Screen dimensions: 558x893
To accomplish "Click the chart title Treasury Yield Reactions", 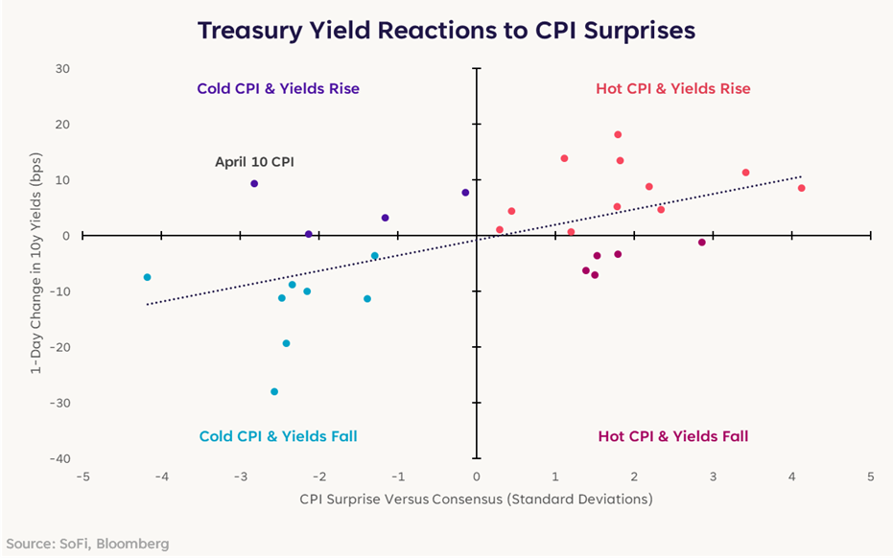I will coord(446,30).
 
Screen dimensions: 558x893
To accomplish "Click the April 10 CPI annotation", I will coord(254,162).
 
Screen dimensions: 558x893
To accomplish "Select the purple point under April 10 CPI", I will coord(254,183).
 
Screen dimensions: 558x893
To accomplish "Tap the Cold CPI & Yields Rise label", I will coord(278,88).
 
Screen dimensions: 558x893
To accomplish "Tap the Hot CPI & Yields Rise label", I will coord(672,88).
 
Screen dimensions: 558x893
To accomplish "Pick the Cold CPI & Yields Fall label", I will coord(278,436).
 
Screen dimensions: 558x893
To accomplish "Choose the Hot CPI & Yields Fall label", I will coord(672,436).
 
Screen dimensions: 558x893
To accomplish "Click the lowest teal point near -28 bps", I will coord(274,391).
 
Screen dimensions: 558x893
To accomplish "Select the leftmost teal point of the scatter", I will coord(147,277).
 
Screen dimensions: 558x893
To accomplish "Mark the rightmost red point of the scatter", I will coord(801,188).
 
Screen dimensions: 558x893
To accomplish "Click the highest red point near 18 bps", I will coord(618,134).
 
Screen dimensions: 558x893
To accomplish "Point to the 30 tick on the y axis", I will coord(62,69).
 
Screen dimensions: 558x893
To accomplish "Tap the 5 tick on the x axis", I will coord(871,477).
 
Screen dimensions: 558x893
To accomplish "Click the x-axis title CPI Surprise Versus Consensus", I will coord(476,500).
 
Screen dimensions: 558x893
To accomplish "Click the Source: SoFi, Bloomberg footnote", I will coord(87,544).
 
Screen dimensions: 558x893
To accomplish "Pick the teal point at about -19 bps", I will coord(286,343).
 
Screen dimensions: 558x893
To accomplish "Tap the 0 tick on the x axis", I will coord(477,477).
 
